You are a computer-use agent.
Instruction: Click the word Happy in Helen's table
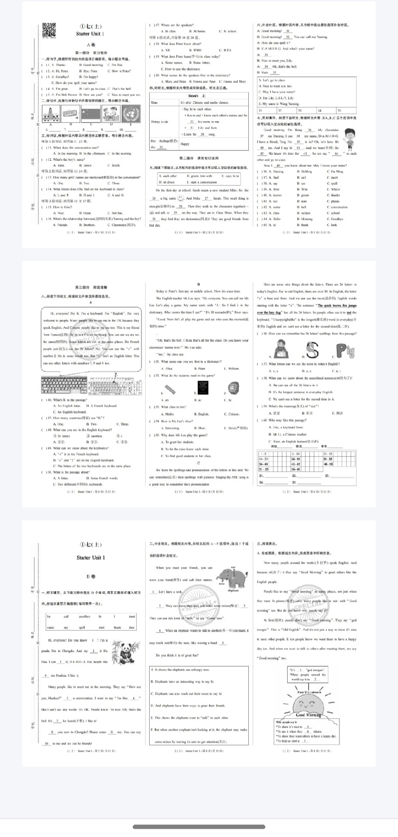pyautogui.click(x=185, y=143)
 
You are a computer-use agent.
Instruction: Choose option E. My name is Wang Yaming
pyautogui.click(x=279, y=104)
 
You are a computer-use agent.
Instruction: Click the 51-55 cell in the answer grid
pyautogui.click(x=264, y=469)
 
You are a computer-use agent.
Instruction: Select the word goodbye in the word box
pyautogui.click(x=84, y=616)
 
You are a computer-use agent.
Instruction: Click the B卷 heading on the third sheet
pyautogui.click(x=90, y=576)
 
